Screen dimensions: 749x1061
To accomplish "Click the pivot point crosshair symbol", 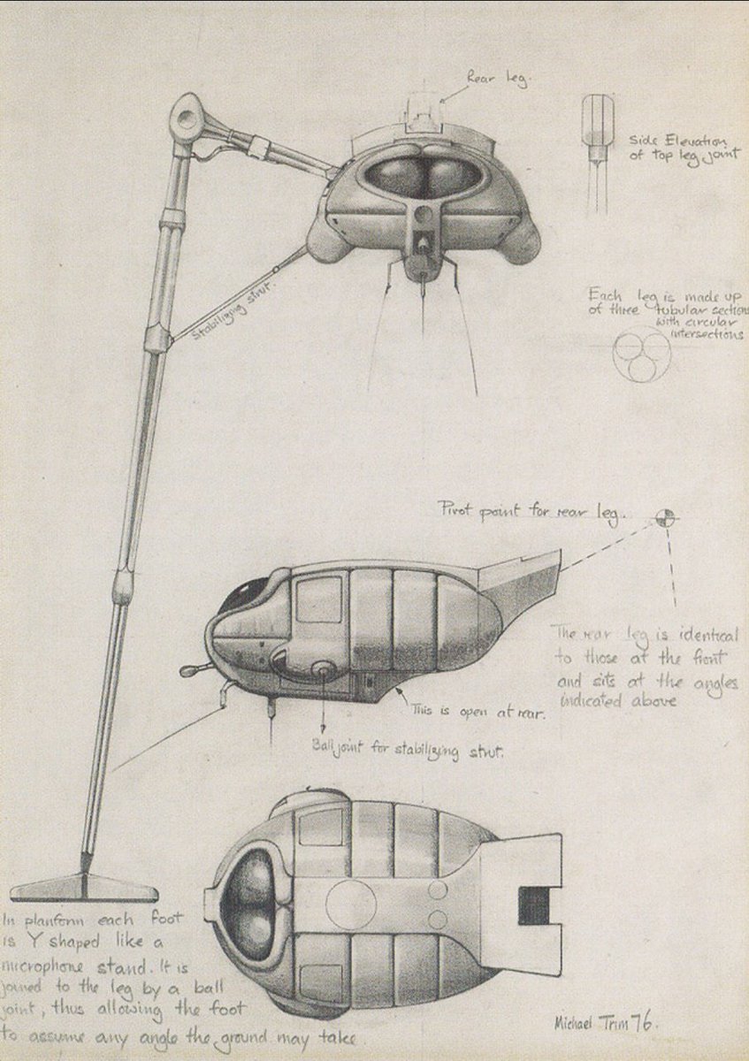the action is point(665,516).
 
